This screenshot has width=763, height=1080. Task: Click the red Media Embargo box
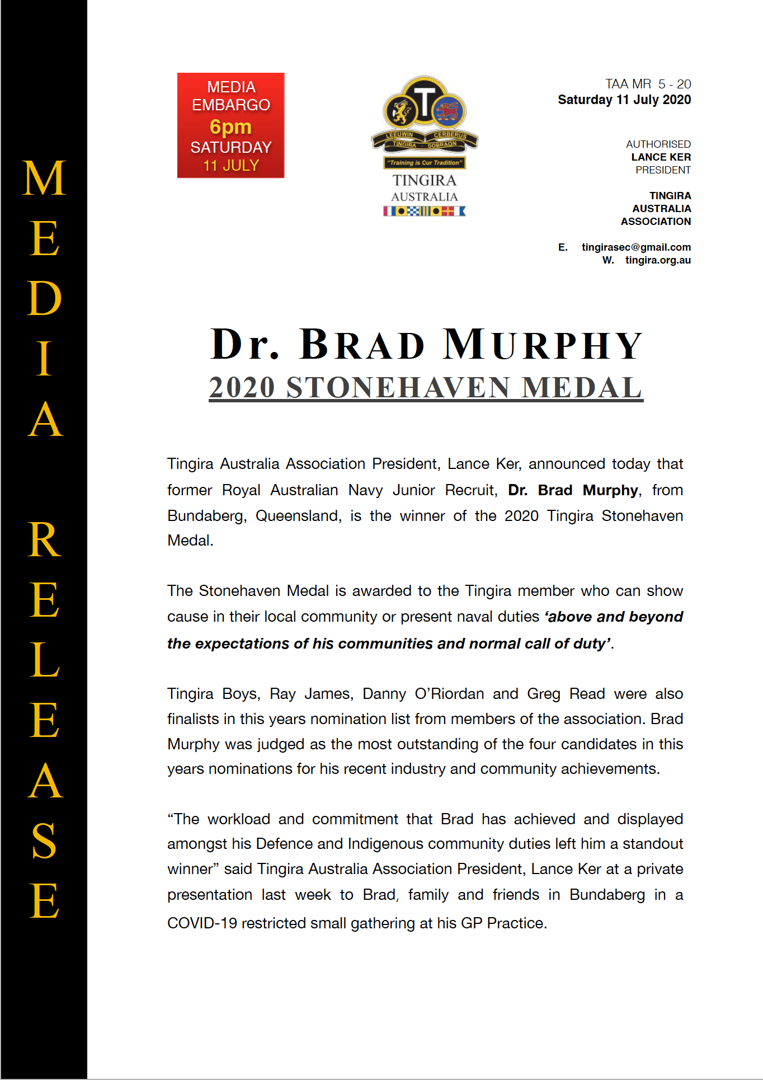(230, 125)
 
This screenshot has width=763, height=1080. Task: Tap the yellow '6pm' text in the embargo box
(230, 127)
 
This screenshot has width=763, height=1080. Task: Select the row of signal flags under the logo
(425, 211)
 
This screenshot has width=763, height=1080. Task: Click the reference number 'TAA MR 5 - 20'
(648, 84)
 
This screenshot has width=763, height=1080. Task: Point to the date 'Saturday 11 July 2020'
(624, 100)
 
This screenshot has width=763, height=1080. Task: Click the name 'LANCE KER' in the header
(661, 157)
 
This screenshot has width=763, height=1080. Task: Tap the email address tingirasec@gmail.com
(636, 247)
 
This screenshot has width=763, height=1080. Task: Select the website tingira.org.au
(658, 260)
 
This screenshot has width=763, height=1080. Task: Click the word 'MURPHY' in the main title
(543, 345)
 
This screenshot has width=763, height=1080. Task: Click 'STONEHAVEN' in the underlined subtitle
(398, 388)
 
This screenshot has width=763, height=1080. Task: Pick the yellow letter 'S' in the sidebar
(44, 840)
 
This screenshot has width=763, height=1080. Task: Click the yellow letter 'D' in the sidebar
(44, 298)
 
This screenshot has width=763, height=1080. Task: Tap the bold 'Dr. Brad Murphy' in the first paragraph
(573, 490)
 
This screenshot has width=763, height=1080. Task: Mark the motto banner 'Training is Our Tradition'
(425, 163)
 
